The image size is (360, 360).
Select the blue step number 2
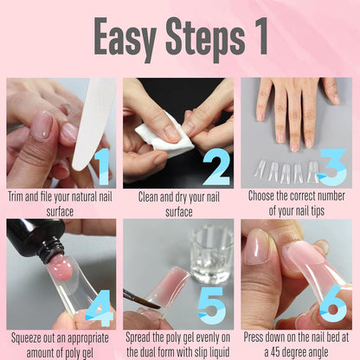[x=216, y=167]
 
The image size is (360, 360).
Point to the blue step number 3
[x=332, y=167]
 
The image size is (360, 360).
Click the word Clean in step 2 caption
[x=152, y=196]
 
